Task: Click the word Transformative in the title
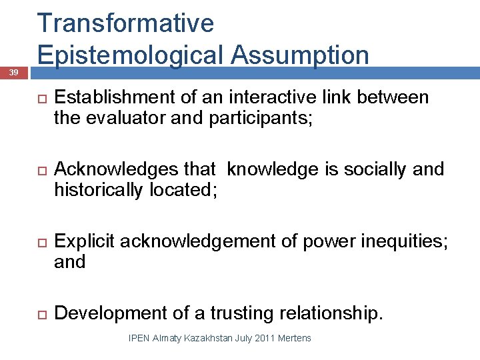126,23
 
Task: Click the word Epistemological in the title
133,55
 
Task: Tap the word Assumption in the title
301,55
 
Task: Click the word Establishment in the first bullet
115,98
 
